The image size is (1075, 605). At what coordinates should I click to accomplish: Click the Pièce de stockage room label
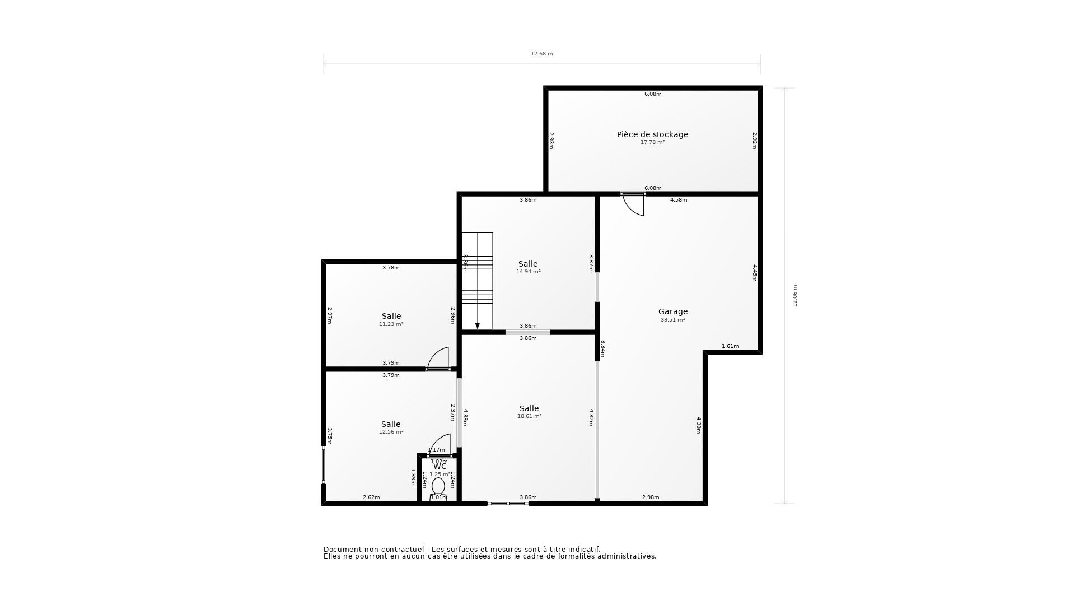[652, 134]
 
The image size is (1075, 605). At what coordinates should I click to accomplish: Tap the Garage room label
[672, 311]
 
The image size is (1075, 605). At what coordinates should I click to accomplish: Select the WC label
[440, 466]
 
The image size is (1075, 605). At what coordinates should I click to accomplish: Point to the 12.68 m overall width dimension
[541, 54]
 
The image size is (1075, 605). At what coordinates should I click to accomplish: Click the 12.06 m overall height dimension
[794, 296]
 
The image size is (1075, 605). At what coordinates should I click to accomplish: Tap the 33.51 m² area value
[672, 320]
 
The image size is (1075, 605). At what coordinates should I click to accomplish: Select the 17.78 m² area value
[652, 142]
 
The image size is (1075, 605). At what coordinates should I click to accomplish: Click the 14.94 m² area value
[528, 272]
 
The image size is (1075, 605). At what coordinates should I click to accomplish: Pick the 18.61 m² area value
[529, 416]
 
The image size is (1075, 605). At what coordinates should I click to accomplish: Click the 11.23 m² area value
[391, 324]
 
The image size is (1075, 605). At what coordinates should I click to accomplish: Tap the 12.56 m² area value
[391, 432]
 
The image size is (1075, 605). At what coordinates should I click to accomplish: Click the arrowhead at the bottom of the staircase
[478, 325]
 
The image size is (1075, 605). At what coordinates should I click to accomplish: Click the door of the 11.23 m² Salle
[439, 359]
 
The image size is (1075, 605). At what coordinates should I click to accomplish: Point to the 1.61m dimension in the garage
[730, 346]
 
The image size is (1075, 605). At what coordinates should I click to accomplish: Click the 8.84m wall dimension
[603, 348]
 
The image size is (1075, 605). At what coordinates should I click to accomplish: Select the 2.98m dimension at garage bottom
[651, 497]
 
